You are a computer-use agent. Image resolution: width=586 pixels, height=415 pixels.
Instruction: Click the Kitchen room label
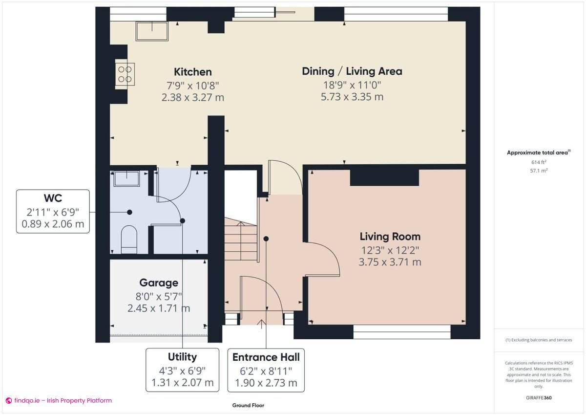point(192,72)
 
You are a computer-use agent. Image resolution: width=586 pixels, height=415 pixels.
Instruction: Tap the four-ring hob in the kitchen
point(125,74)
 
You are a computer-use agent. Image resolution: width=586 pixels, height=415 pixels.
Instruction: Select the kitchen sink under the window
point(151,32)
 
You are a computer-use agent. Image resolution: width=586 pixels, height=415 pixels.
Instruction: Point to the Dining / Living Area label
point(352,71)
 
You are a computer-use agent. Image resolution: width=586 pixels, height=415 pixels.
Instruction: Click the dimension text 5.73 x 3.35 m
point(352,97)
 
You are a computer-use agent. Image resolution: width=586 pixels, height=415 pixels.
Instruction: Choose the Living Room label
point(390,237)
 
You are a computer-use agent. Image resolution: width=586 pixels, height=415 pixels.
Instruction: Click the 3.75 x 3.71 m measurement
point(390,262)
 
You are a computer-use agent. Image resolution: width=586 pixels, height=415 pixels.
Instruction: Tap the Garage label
point(159,283)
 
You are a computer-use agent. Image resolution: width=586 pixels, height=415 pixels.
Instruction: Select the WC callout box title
point(53,198)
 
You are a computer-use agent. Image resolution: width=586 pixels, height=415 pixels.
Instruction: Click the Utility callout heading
point(182,356)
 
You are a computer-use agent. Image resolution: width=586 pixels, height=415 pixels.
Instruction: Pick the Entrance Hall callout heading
point(266,356)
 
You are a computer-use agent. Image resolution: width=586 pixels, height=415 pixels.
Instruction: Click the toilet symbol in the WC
point(129,239)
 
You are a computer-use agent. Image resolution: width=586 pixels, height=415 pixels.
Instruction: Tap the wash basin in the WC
point(126,178)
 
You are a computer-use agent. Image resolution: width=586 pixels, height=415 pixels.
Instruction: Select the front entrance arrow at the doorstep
point(262,323)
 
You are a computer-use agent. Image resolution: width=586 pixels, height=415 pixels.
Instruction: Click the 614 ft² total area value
point(539,162)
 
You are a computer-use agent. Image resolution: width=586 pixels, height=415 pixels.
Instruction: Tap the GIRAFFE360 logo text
point(539,397)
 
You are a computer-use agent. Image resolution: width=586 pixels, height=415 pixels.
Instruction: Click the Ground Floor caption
point(248,405)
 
